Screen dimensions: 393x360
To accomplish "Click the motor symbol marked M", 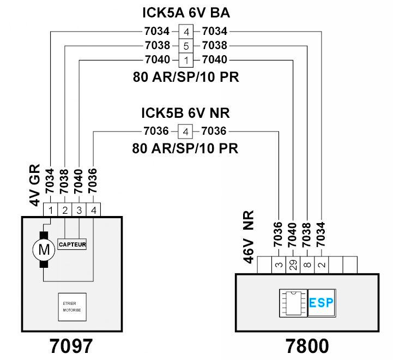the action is coord(44,250).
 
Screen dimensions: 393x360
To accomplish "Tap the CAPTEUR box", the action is coord(72,244).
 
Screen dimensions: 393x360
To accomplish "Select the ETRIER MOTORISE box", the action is coord(72,307).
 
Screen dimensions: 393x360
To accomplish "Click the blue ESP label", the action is coord(321,303).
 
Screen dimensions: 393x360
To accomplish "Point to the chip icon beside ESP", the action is coord(293,303).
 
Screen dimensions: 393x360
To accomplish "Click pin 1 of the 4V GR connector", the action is coord(51,210).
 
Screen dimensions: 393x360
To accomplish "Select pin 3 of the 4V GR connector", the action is coord(79,210).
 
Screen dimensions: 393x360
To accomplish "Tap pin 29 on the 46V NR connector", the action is coord(293,265).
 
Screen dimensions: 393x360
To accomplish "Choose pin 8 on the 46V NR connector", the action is coord(307,265).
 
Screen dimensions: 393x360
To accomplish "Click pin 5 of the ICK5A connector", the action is coord(186,46).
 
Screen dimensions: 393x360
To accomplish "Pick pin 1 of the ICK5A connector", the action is coord(186,60).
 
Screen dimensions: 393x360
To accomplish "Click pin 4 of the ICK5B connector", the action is coord(185,131).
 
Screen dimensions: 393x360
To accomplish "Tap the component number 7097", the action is coord(71,346).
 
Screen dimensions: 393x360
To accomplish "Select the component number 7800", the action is coord(307,346).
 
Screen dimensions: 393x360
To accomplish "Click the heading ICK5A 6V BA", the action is coord(186,13).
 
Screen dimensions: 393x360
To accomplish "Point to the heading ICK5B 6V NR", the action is coord(185,113).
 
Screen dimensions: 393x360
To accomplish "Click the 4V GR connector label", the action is coord(35,185).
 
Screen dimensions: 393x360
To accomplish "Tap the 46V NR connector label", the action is coord(249,237).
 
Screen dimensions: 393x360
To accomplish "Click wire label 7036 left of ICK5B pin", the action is coord(156,131).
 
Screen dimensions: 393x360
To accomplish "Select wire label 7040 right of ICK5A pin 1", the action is coord(215,59).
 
